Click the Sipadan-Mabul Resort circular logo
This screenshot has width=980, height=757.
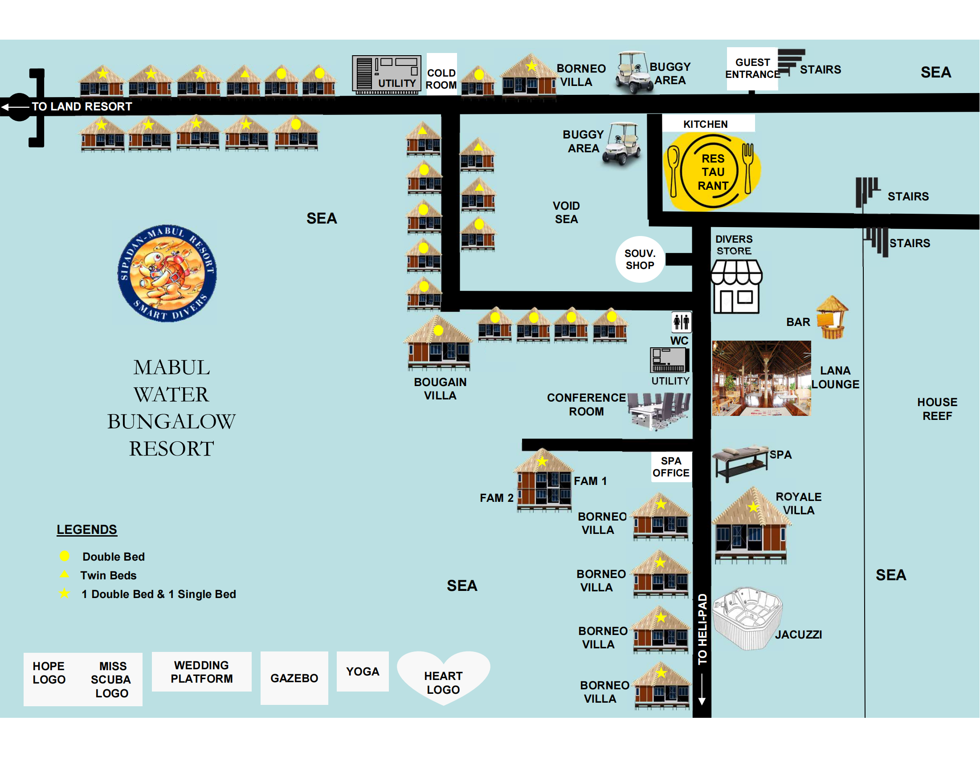[x=167, y=273]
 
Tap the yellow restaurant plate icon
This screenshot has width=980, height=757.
[x=712, y=171]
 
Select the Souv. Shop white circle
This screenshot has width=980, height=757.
[x=640, y=259]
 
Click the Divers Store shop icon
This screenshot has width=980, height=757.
[x=736, y=287]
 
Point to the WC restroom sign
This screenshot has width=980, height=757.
[x=681, y=322]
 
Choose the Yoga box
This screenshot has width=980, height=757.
[x=363, y=672]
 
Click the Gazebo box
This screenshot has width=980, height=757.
[x=294, y=678]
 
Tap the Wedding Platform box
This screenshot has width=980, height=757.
[x=201, y=672]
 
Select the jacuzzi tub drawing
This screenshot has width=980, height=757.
[x=747, y=618]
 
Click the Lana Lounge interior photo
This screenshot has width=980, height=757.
[x=761, y=378]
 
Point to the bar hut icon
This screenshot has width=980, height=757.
[x=833, y=317]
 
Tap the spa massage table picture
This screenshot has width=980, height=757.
[x=741, y=463]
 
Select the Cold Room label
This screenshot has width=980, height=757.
[x=441, y=78]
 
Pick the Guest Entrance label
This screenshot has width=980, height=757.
[x=752, y=68]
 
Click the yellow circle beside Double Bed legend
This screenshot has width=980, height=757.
[x=65, y=556]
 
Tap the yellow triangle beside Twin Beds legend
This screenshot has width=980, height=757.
[x=65, y=574]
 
